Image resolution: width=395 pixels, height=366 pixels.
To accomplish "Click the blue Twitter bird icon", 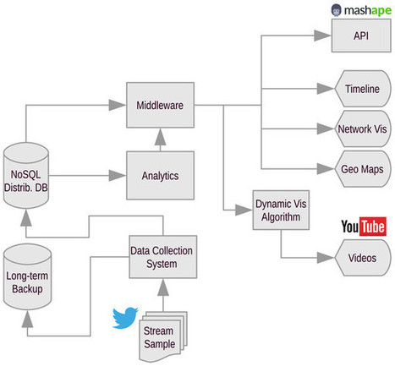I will [124, 318].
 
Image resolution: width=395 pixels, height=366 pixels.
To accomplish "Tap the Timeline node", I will [361, 90].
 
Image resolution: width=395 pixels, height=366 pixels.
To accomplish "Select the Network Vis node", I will [361, 129].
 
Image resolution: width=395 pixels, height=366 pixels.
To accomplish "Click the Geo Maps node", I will [361, 169].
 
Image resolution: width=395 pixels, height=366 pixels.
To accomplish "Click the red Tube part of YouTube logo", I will [373, 227].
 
